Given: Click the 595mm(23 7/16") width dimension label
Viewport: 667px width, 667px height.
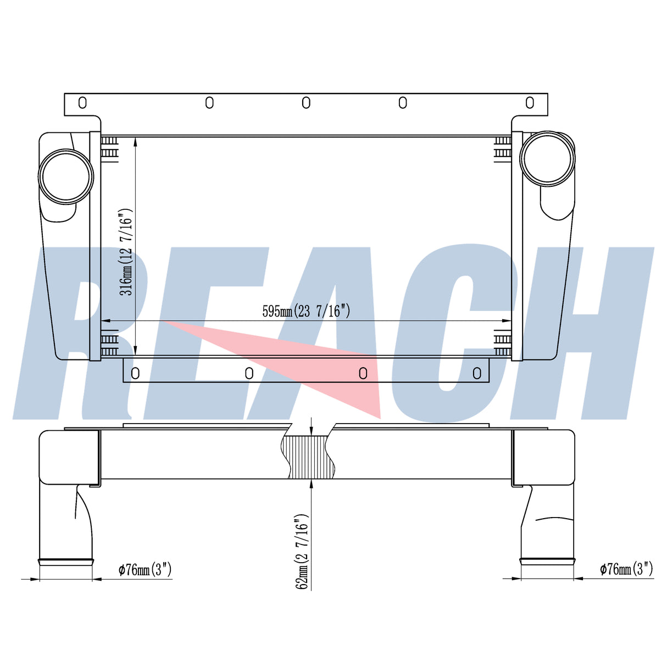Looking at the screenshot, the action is [x=306, y=311].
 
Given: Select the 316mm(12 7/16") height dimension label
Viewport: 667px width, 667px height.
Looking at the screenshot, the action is [x=126, y=252].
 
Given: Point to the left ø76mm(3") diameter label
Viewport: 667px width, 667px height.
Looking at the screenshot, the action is [x=145, y=569].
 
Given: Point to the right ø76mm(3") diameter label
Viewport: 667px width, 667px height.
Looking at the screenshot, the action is [x=626, y=569].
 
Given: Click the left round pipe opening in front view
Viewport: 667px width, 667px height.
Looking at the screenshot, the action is [x=66, y=176].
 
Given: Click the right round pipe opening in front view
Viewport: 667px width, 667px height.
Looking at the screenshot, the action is [x=547, y=159].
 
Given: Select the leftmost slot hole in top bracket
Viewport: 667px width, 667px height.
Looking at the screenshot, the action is [x=82, y=102].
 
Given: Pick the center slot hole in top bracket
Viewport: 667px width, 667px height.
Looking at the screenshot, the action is [x=306, y=102].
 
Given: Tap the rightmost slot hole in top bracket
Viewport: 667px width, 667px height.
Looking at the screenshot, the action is [x=530, y=102].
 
